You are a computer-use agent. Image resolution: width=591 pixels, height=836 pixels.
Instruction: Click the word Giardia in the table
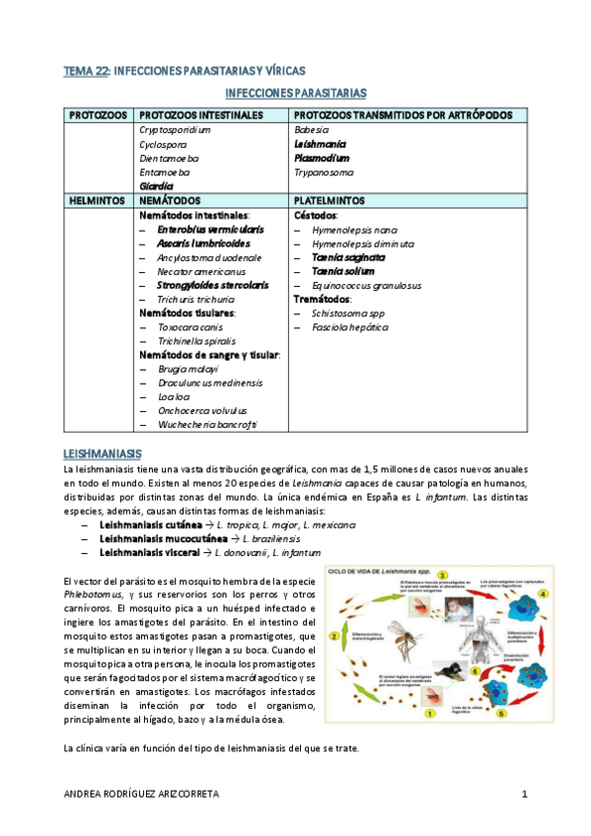click(156, 185)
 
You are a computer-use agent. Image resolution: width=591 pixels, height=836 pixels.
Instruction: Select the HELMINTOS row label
click(96, 199)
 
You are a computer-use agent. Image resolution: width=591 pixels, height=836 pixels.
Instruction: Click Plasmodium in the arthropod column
click(321, 158)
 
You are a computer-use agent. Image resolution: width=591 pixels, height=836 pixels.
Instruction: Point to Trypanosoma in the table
click(323, 172)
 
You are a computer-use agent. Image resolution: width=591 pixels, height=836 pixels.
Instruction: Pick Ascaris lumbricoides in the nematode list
click(203, 243)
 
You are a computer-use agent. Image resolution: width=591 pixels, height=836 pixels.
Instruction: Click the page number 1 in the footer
click(525, 794)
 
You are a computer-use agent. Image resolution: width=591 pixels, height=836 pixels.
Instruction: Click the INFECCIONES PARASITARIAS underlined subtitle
click(296, 94)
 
